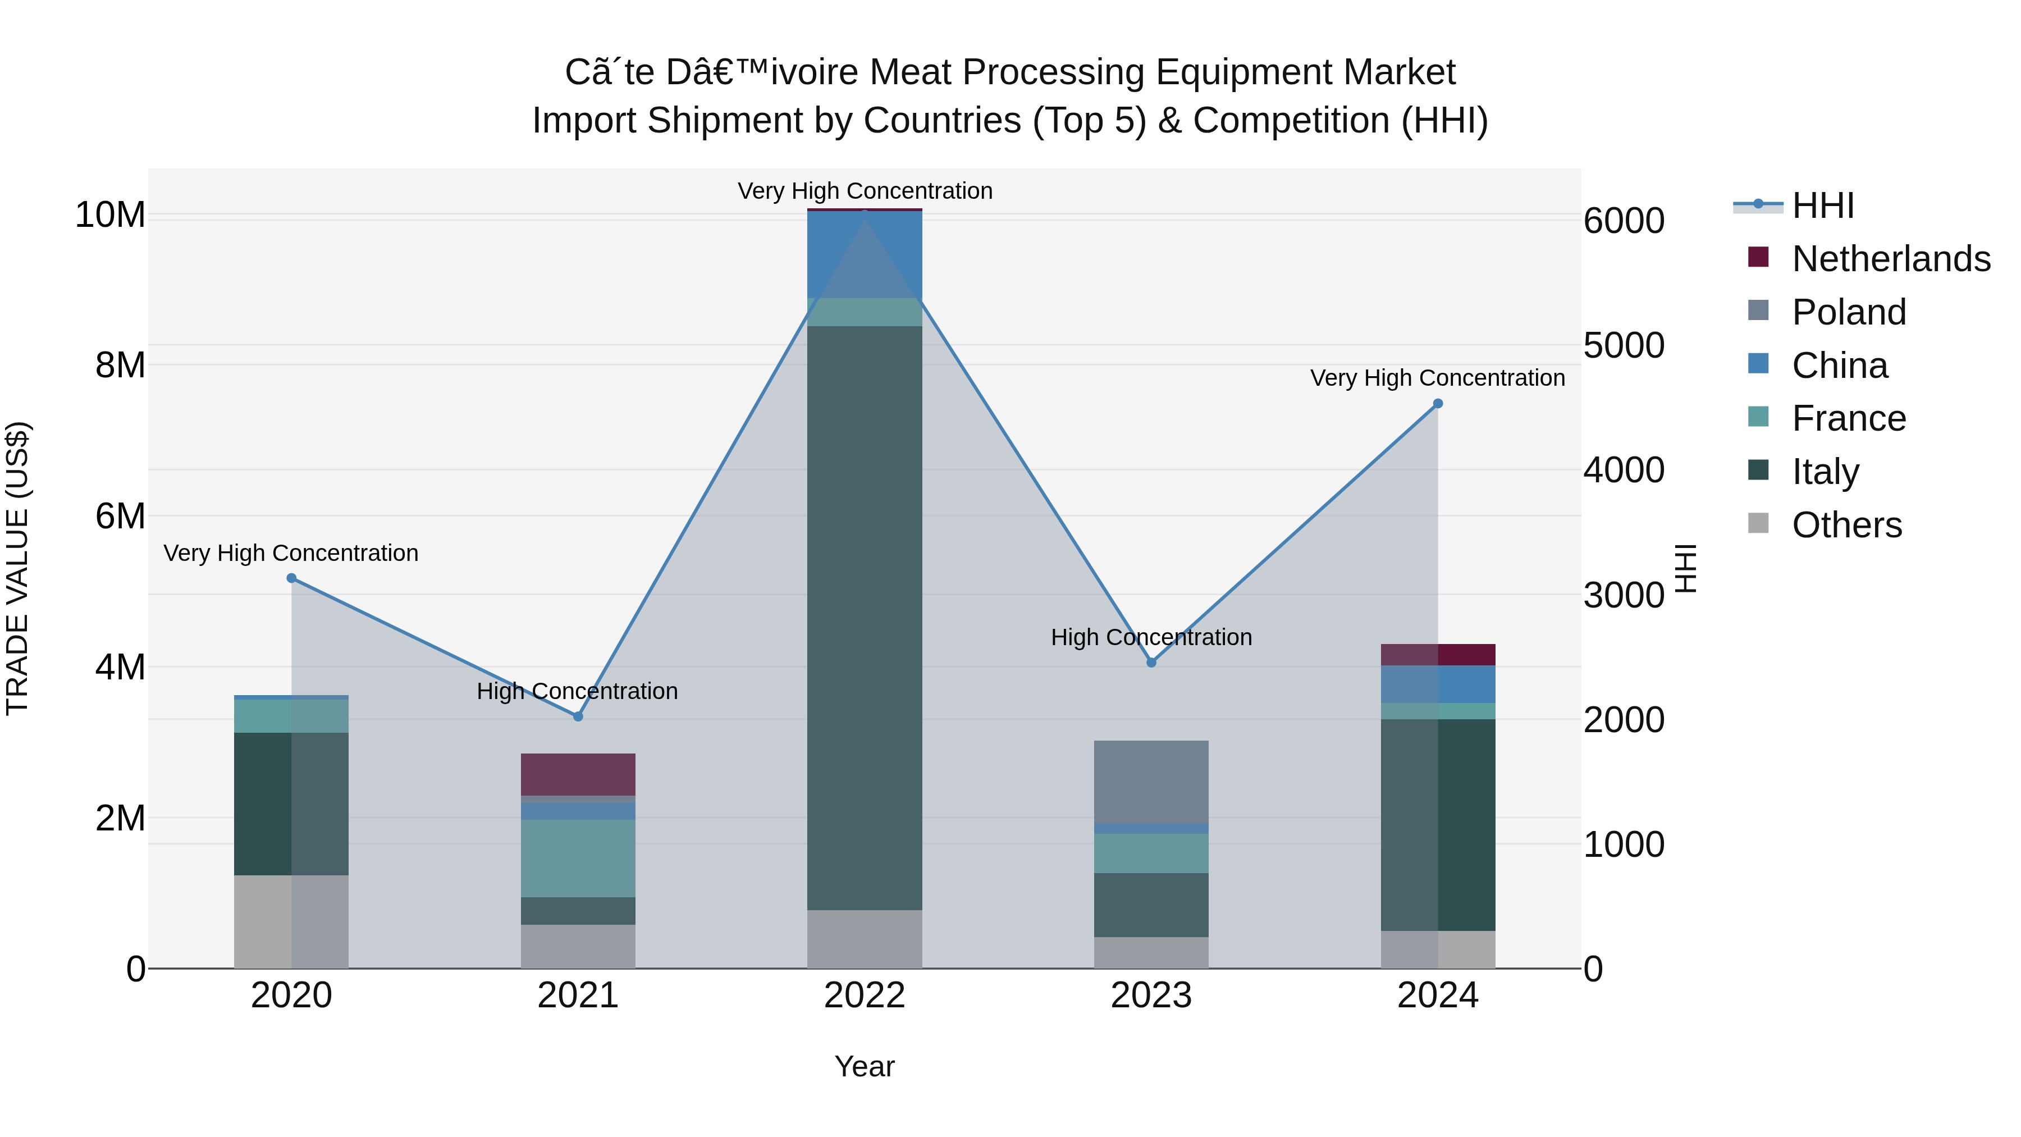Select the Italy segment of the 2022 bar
(864, 618)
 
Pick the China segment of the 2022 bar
(864, 254)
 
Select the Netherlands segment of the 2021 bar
(578, 774)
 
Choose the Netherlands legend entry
(1891, 259)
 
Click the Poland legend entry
(1849, 312)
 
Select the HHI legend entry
(1822, 206)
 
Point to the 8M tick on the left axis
(120, 366)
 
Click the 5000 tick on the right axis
(1623, 346)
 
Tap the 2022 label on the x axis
(864, 996)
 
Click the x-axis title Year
(864, 1066)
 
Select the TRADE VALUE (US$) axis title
(17, 568)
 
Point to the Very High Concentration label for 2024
(1437, 378)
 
